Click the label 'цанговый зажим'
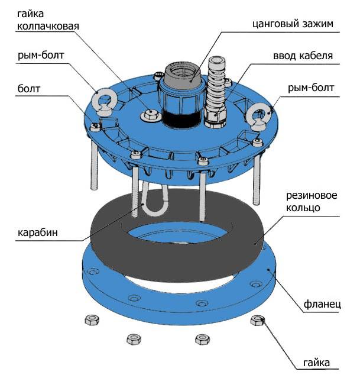(x=292, y=24)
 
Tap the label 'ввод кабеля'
(x=302, y=56)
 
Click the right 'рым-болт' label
(x=310, y=88)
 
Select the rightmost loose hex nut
(x=257, y=321)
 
